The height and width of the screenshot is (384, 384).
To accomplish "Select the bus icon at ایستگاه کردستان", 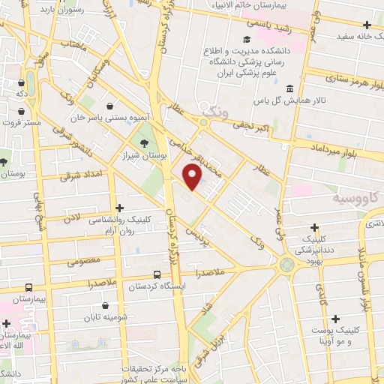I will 157,275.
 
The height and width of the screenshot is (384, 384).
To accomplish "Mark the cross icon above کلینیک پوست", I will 336,319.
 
